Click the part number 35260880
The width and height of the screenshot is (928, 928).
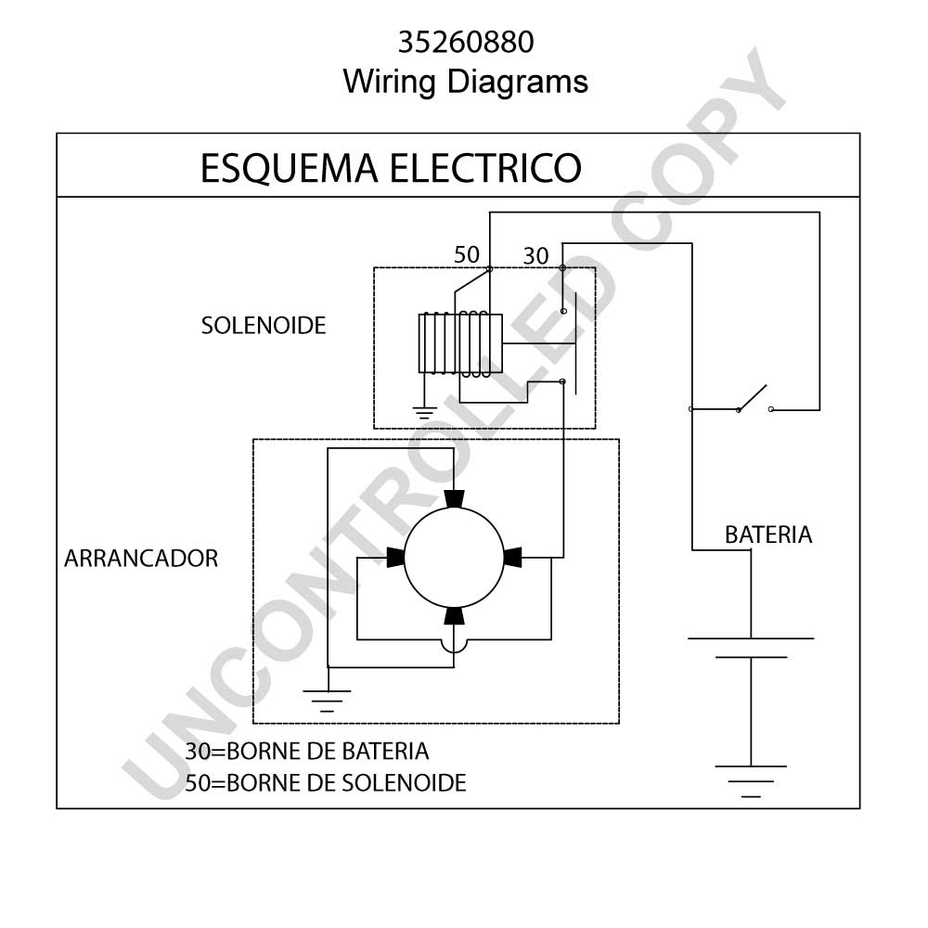pos(466,42)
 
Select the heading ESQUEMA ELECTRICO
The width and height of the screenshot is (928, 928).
pos(391,168)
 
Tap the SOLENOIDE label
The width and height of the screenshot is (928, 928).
pos(264,326)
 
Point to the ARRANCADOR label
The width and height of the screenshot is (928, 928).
pos(141,558)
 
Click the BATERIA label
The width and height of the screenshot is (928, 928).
pos(768,535)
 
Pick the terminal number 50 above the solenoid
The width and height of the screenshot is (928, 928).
pos(467,255)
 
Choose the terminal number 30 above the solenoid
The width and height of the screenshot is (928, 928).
pos(535,256)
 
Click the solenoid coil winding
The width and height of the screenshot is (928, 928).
pos(460,344)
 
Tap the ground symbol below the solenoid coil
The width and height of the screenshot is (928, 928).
pos(424,413)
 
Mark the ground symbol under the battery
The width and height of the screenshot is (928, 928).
pos(751,781)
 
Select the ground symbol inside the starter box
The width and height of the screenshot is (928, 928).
pos(327,701)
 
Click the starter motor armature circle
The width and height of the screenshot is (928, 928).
pos(454,558)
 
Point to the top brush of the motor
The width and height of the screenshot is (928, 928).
pos(454,499)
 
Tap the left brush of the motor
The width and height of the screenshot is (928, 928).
pos(395,557)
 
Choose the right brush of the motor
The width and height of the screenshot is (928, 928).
pos(512,558)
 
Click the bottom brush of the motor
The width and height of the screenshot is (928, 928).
pos(454,616)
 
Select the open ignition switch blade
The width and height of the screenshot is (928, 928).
pos(753,397)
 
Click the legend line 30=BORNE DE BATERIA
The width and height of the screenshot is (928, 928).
pos(306,751)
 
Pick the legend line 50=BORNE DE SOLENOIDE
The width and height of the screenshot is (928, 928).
pos(326,783)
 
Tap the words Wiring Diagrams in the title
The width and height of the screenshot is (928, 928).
pos(465,81)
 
